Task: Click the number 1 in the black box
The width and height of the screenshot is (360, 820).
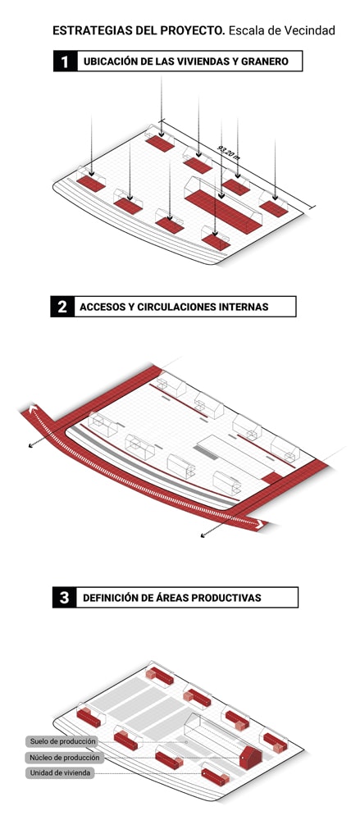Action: [x=64, y=61]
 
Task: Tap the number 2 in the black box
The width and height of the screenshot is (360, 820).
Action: [x=62, y=307]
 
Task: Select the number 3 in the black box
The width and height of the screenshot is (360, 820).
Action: [x=64, y=598]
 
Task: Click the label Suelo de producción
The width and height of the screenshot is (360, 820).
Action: [x=63, y=741]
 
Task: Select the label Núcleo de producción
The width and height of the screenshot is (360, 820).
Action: [x=64, y=757]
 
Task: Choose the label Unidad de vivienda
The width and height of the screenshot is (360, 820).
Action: [x=60, y=773]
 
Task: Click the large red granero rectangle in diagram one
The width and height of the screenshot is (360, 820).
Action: [x=223, y=211]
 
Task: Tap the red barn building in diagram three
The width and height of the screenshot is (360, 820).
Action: [x=251, y=757]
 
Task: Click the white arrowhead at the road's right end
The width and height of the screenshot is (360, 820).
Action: [x=258, y=524]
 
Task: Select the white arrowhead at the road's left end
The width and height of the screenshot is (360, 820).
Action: [x=33, y=410]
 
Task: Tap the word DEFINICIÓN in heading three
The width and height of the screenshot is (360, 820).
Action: [x=107, y=598]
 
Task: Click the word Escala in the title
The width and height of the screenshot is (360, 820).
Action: [x=245, y=31]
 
